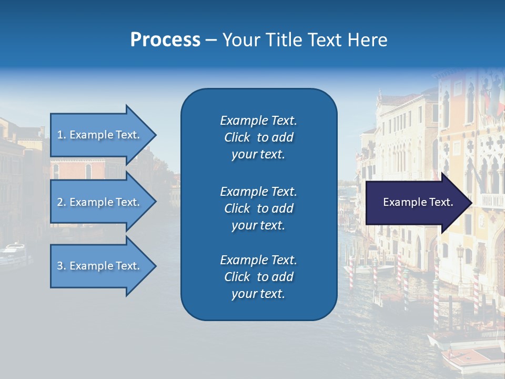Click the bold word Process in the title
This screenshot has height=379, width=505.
tap(165, 40)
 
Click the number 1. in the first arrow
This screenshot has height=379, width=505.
tap(62, 135)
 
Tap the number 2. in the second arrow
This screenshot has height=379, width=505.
tap(62, 202)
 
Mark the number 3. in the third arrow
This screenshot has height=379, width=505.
tap(62, 266)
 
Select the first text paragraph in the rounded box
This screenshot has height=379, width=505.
tap(258, 137)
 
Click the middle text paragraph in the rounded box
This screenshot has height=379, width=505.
tap(258, 208)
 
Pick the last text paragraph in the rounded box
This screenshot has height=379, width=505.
tap(258, 277)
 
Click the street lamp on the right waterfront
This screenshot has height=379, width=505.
tap(460, 253)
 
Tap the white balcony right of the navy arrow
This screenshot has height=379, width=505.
tap(492, 201)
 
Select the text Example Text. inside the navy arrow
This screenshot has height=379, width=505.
tap(418, 202)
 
